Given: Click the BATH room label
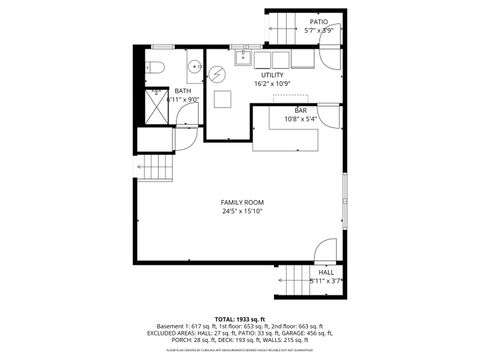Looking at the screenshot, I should [x=183, y=90].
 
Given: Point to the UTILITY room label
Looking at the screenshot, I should [x=272, y=75].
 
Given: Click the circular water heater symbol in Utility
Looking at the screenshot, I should [x=216, y=73].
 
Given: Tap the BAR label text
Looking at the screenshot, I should [x=300, y=110].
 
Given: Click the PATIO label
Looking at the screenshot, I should [x=318, y=21].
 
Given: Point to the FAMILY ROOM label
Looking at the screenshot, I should [x=242, y=202].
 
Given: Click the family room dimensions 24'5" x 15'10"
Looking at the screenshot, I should [x=242, y=211].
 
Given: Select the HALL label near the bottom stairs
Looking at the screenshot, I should [x=326, y=272].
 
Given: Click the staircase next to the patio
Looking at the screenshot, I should [x=284, y=25].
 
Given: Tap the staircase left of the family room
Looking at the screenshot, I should [x=155, y=167].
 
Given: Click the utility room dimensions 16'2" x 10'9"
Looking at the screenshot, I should [x=272, y=85].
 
